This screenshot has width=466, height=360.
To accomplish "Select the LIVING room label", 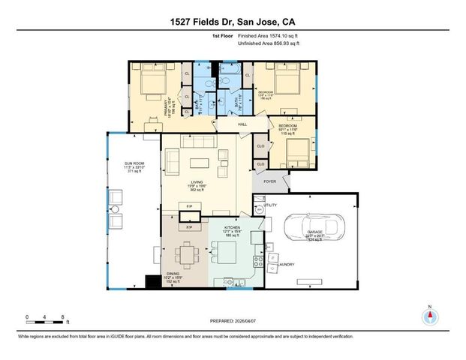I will point(197,184).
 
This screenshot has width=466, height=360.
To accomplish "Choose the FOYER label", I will point(269,180).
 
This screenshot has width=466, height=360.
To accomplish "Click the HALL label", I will point(242,124).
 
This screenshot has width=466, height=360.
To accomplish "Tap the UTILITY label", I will point(270,204).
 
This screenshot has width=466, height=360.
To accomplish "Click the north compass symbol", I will point(430,314).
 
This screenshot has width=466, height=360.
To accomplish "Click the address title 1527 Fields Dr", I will point(233,10).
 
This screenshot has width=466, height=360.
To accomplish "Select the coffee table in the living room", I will point(199,163).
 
